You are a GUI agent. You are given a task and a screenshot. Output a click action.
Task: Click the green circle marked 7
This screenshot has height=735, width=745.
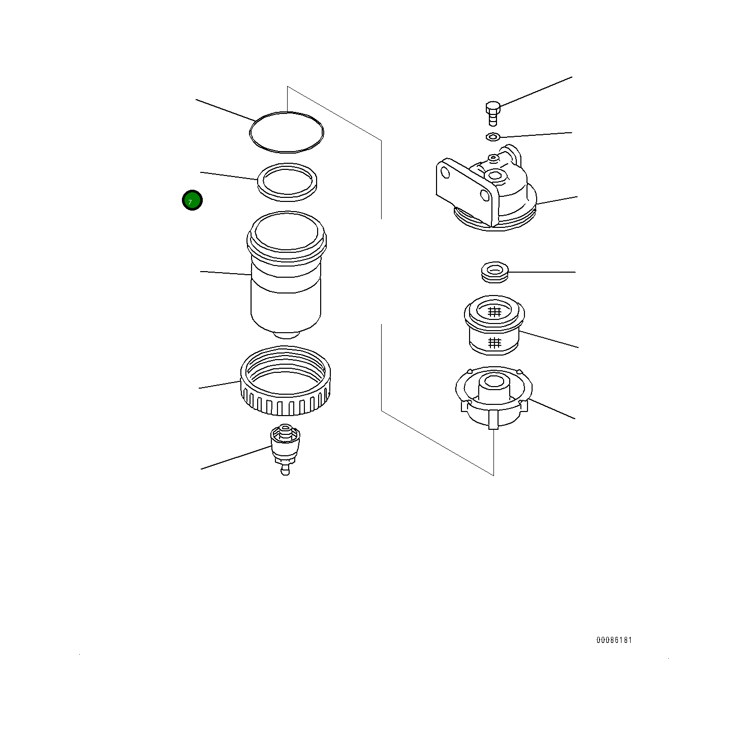click(x=192, y=200)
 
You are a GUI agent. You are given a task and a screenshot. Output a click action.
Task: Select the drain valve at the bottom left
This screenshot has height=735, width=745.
click(x=285, y=449)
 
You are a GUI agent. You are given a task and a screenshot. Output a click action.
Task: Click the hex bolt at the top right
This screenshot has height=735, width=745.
click(x=492, y=113)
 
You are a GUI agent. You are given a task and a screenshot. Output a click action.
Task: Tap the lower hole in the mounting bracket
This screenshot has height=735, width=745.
click(x=485, y=195)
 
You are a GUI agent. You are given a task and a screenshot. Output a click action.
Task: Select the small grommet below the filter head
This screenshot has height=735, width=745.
click(x=494, y=272)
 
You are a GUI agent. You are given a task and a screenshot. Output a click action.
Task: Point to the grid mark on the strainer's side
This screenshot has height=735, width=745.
click(x=494, y=342)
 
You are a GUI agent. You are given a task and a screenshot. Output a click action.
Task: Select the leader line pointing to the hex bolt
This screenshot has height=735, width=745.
click(x=536, y=91)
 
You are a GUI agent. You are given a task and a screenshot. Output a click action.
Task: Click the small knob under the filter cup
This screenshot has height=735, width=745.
click(x=287, y=335)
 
